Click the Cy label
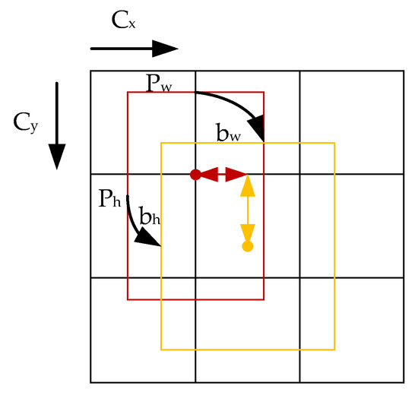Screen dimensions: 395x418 coord(24,122)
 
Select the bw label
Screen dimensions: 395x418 coord(229,134)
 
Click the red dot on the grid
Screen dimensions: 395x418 coord(195,175)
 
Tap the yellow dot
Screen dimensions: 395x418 coord(247,247)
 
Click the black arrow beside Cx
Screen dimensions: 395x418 coord(134,49)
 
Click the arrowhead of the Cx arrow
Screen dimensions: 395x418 coord(166,49)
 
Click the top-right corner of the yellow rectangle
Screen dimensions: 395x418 coord(334,142)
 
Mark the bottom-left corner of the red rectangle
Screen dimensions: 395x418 coord(128,299)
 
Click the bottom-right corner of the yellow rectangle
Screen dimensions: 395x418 coord(334,349)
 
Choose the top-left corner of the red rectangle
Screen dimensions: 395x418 coord(128,92)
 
